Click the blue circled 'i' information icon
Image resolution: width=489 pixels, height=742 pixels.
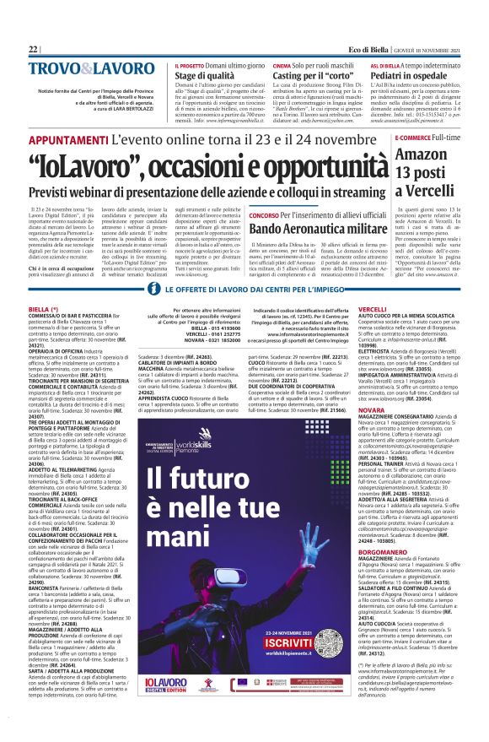[153, 290]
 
